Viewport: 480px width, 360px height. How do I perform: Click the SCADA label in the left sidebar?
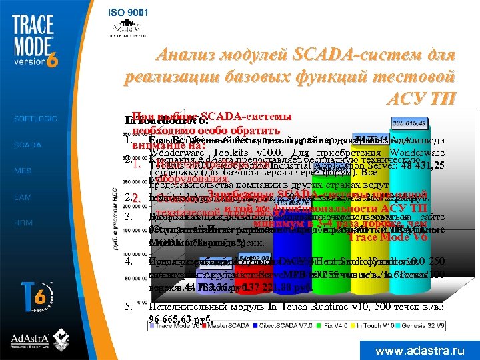click(x=27, y=145)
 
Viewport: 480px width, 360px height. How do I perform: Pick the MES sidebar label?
click(x=23, y=171)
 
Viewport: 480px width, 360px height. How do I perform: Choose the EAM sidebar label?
click(x=23, y=197)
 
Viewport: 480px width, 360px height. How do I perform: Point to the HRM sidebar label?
click(x=23, y=223)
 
